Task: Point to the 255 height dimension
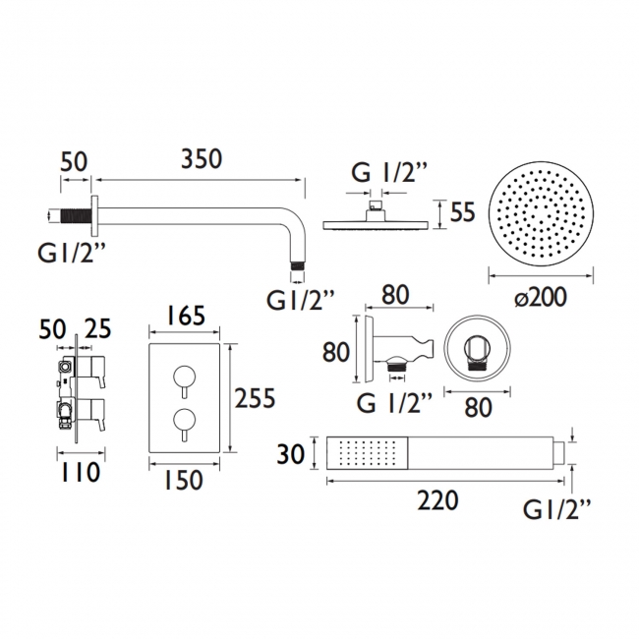tap(256, 398)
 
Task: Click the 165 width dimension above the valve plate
tap(186, 316)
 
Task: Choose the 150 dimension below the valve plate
tap(185, 481)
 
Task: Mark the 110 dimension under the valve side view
tap(80, 473)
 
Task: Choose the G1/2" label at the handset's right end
tap(559, 509)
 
